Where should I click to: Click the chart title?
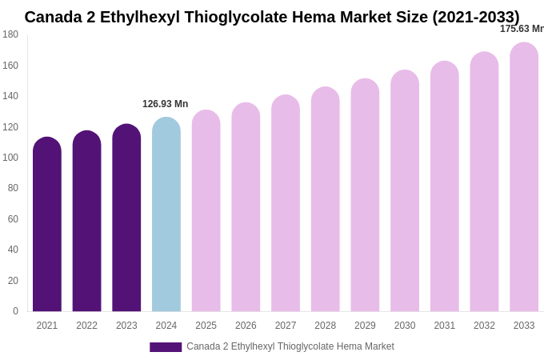272,17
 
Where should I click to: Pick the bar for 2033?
524,177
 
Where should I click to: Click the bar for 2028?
326,199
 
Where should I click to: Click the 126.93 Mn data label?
166,104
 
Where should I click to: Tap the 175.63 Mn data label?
522,29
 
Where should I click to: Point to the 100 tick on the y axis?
10,158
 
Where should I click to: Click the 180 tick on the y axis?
10,34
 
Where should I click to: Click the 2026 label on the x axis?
246,326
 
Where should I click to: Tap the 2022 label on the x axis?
86,326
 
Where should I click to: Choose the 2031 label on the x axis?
445,326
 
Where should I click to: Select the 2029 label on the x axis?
365,326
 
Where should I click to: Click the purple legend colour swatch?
166,347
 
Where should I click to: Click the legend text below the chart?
290,346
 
